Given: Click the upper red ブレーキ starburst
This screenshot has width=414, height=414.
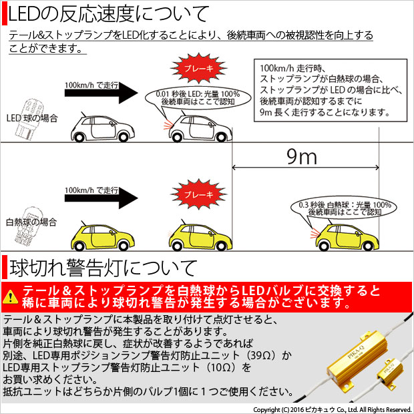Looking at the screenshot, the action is tap(198, 68).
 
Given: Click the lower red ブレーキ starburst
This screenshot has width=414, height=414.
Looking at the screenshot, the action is tap(198, 194).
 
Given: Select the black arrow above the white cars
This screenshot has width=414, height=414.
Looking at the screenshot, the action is tap(101, 93).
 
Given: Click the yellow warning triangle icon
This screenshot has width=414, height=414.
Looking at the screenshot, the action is tap(10, 296).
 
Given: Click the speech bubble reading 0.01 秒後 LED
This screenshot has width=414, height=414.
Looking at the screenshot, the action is tap(198, 98).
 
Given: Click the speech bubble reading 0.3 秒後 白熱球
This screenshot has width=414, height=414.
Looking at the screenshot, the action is tap(345, 208).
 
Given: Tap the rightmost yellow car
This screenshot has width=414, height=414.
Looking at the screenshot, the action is tap(347, 237).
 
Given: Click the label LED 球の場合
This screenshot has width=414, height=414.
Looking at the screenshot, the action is tap(32, 118).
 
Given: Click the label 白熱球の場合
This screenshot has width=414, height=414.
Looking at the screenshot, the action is tap(31, 222).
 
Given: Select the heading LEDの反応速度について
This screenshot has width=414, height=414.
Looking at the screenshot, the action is tap(109, 14).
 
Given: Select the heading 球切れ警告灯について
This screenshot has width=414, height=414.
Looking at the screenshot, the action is tap(103, 268).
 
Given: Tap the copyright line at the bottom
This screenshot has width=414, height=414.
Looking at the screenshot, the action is tap(332, 409).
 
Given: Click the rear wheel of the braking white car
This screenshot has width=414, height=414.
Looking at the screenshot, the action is tap(176, 138).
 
